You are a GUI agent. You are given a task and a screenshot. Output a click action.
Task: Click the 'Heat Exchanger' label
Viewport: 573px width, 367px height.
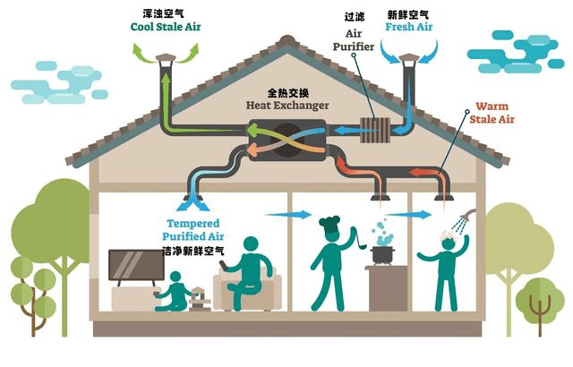287,105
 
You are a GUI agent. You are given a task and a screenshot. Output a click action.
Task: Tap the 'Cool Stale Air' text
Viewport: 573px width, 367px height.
166,27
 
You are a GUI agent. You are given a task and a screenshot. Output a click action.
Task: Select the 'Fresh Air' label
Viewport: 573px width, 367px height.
407,27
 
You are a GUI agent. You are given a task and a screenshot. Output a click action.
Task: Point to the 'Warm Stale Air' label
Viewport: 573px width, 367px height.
492,112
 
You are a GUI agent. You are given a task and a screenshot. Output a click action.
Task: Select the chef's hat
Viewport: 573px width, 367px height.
329,221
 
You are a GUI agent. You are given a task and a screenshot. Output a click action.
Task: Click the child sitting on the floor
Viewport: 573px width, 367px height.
175,293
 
